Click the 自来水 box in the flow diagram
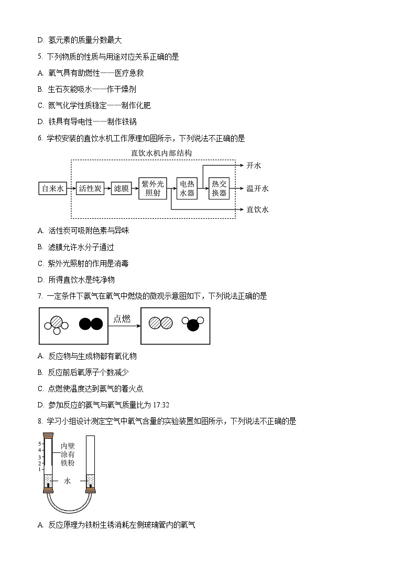pos(53,188)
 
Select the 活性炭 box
pos(91,188)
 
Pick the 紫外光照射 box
pos(152,188)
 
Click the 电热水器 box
pos(187,188)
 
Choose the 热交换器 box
pos(220,188)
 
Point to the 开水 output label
pos(254,165)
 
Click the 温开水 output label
pos(257,188)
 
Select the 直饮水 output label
pos(257,209)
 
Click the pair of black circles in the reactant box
pos(91,324)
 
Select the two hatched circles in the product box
pos(160,324)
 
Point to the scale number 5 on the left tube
pos(39,443)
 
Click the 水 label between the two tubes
pos(67,480)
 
